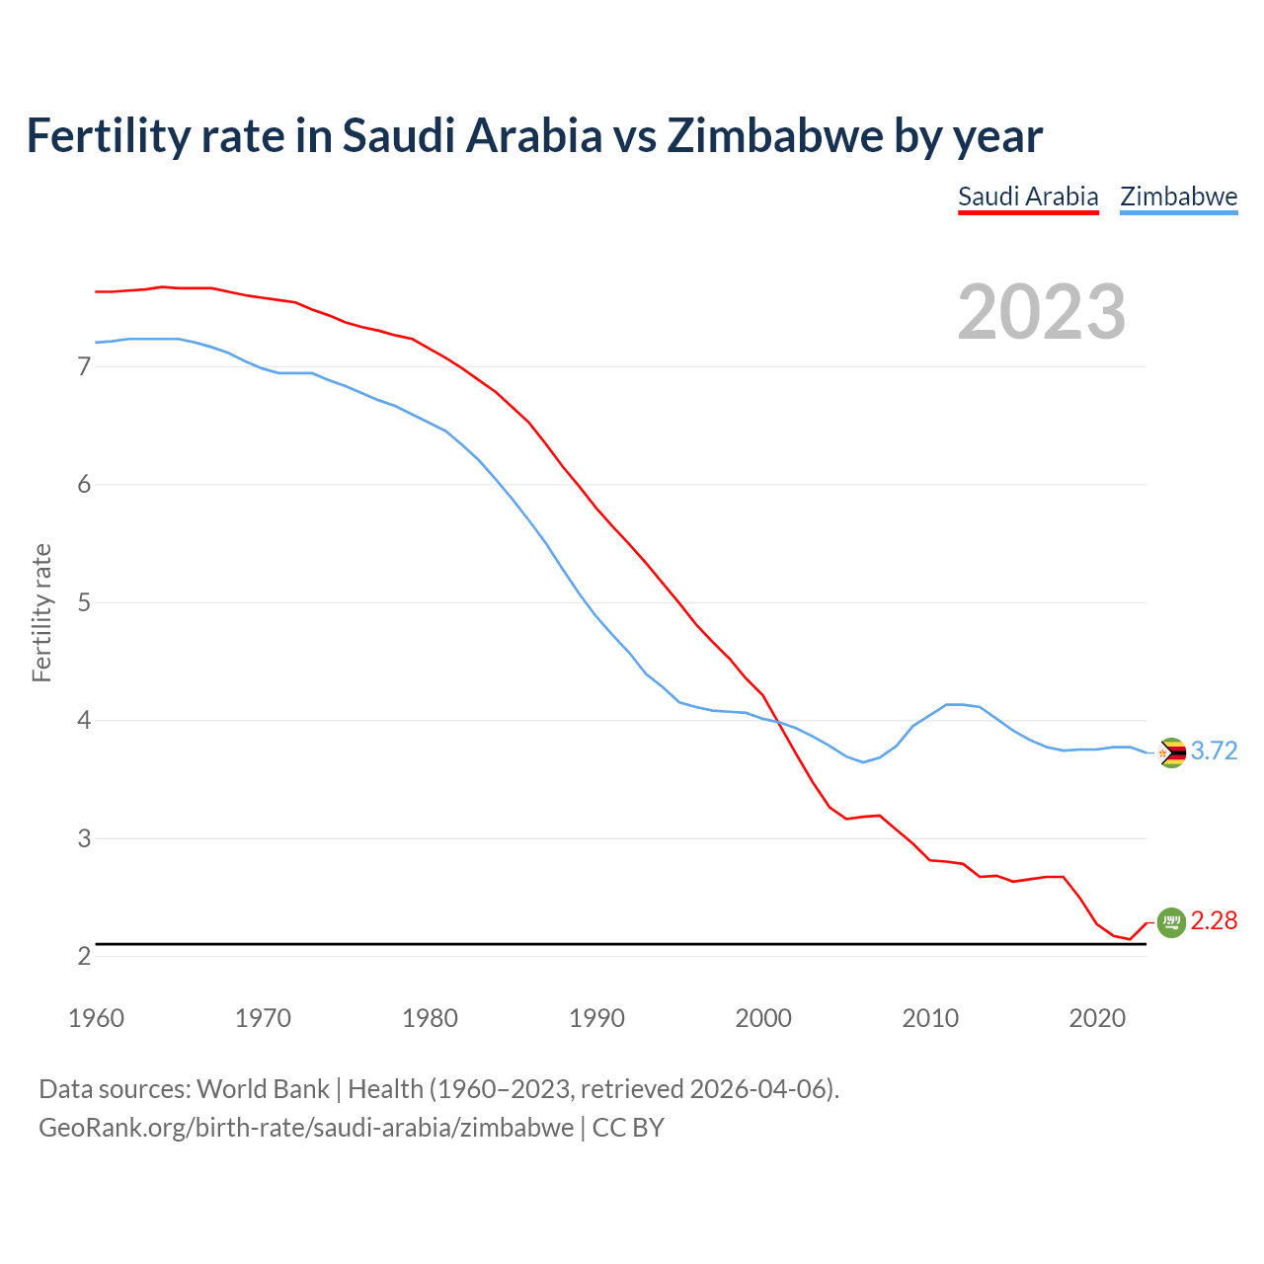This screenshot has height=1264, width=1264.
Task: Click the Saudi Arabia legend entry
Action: point(1028,197)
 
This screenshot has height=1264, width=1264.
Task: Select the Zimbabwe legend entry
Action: point(1178,197)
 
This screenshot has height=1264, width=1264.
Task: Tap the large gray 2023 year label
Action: point(1042,312)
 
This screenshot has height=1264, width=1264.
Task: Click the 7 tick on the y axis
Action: point(84,367)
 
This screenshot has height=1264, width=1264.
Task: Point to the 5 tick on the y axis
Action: point(84,602)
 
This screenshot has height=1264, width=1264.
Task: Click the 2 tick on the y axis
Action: point(84,956)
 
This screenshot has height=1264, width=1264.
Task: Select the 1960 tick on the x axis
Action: point(96,1018)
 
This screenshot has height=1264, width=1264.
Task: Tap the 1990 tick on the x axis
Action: point(596,1018)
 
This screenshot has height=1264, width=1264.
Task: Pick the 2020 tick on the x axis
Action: point(1097,1018)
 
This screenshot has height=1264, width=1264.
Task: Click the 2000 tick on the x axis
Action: point(763,1018)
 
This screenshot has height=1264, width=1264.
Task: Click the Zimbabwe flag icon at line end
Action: point(1171,752)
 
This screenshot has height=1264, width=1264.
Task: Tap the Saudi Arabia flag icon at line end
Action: point(1171,922)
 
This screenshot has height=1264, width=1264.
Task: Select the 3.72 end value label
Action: point(1214,750)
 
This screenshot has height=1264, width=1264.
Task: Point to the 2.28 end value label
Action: point(1214,920)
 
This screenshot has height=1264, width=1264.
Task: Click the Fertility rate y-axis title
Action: point(41,612)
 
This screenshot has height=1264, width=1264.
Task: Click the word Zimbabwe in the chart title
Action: point(774,135)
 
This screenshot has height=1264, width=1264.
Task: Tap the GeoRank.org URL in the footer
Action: point(306,1128)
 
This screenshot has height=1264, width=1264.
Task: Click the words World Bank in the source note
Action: point(263,1089)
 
